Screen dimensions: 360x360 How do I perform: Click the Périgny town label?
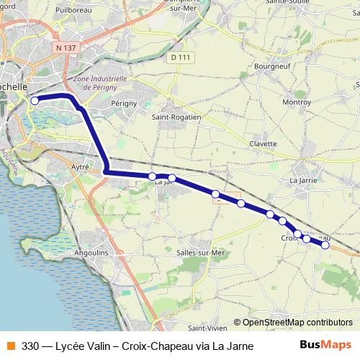tap(124, 104)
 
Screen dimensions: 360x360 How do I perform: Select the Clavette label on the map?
tap(263, 143)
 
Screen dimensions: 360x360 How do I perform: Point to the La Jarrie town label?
tap(303, 179)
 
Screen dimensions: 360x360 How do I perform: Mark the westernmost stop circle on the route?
tap(35, 101)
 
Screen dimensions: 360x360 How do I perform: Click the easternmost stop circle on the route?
tap(325, 245)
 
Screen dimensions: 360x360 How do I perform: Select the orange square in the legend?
tap(10, 346)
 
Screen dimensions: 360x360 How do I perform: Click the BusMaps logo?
tap(325, 345)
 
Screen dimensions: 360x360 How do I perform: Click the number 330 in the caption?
tap(30, 346)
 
